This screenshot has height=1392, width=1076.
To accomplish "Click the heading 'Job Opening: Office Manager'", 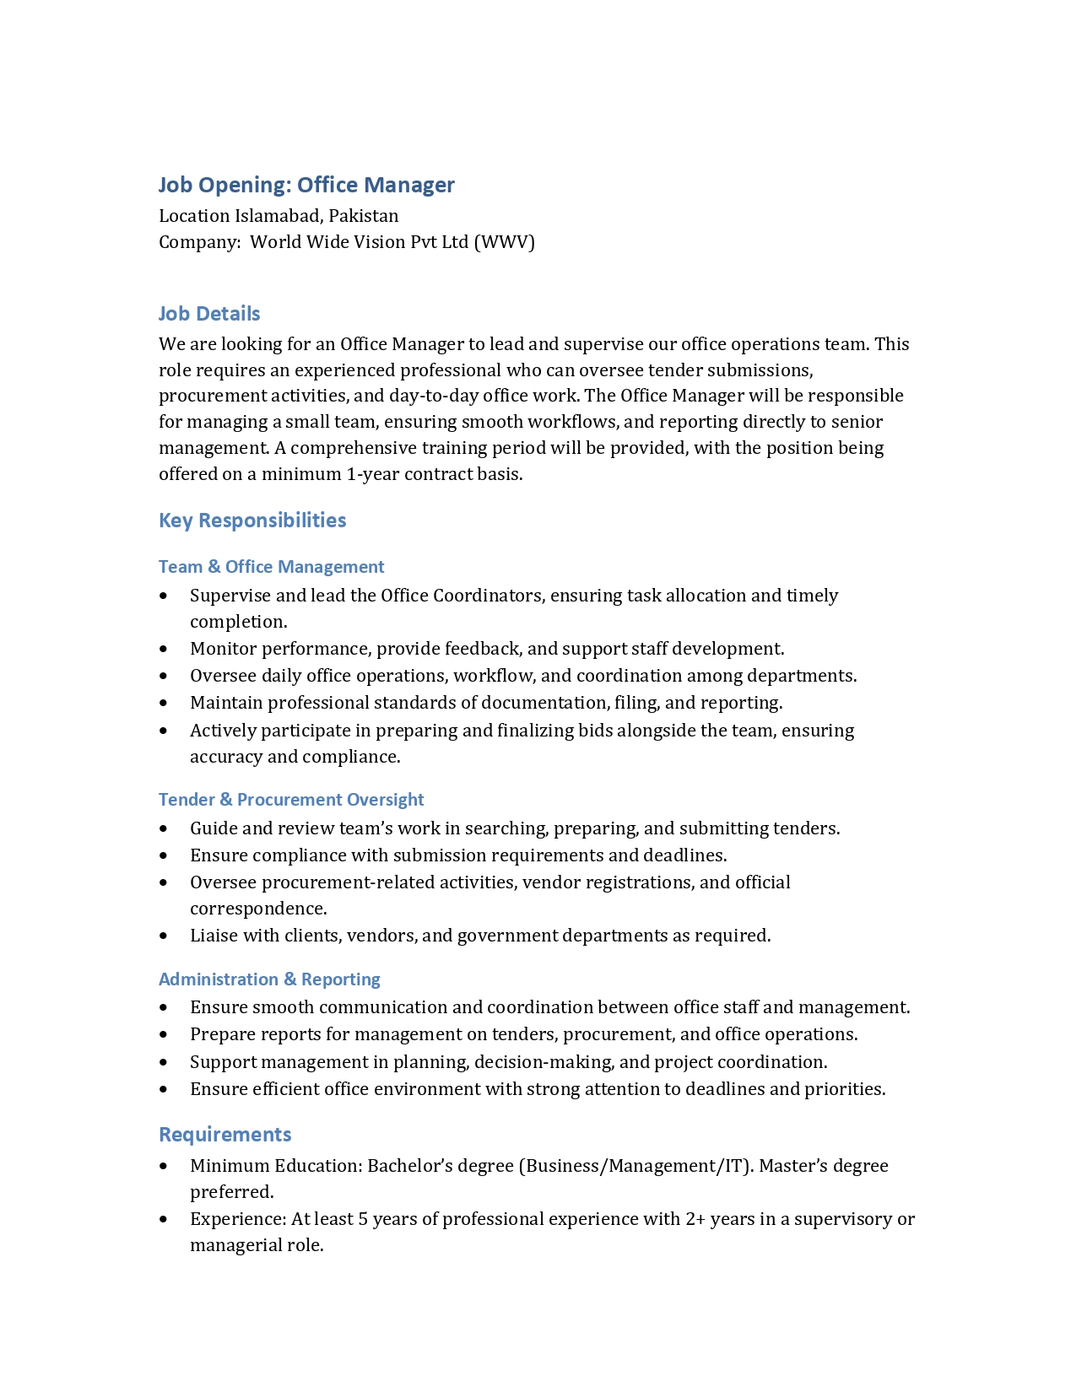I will [x=306, y=185].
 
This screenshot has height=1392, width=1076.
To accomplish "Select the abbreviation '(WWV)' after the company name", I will [x=504, y=242].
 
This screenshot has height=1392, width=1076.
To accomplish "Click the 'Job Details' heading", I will [x=209, y=314].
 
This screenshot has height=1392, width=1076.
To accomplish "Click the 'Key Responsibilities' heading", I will [x=252, y=521].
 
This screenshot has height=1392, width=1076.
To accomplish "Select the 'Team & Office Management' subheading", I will [x=271, y=567].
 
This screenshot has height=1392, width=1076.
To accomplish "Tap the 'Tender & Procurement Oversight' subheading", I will [x=291, y=800].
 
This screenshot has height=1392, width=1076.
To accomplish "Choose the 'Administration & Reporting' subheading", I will [x=269, y=979].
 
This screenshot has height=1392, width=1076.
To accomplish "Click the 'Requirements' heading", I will [x=224, y=1135].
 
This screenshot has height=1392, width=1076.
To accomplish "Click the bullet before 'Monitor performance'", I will [x=164, y=650].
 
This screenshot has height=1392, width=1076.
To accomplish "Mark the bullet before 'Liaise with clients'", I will [x=164, y=936].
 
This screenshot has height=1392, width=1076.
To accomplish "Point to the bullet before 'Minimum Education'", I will [x=164, y=1167].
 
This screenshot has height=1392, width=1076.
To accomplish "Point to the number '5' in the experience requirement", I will [x=363, y=1219].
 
